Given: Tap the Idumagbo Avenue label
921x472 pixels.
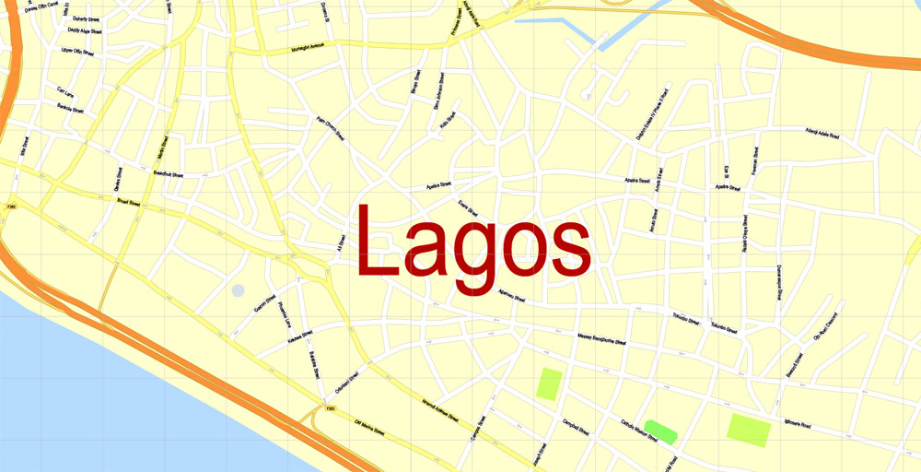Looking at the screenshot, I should click(319, 45).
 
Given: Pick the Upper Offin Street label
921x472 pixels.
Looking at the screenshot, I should click(77, 53).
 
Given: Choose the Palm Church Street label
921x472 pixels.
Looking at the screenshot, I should click(330, 127).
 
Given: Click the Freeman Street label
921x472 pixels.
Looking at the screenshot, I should click(754, 162).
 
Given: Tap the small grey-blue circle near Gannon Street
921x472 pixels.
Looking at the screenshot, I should click(238, 290).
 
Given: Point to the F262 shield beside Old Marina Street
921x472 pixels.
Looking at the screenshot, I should click(329, 407).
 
